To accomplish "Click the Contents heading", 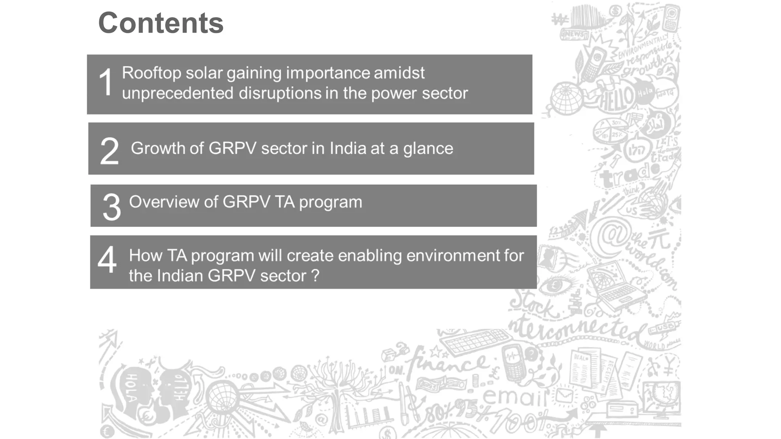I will tap(161, 23).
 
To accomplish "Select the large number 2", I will tap(109, 151).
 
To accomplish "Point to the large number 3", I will tap(111, 207).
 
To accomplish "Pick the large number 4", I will tap(107, 259).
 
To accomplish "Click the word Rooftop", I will tap(151, 73).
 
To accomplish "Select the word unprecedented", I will tap(177, 93).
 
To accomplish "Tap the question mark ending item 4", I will tap(315, 276).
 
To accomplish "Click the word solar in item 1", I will tap(204, 73).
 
